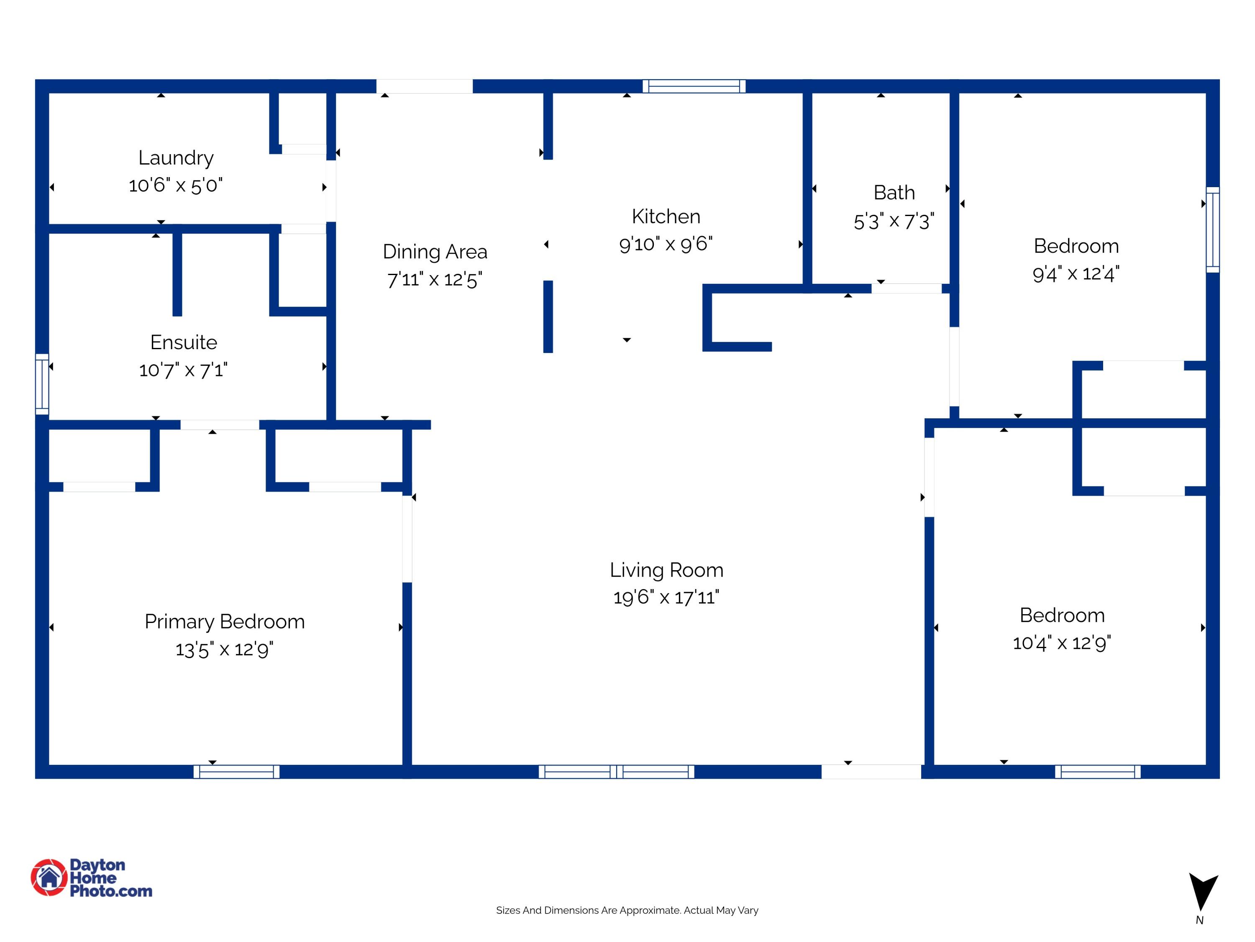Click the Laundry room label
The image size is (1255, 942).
coord(176,158)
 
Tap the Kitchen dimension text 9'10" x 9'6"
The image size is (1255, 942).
coord(666,244)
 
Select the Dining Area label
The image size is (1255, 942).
coord(435,252)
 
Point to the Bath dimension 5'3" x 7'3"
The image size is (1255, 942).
coord(894,221)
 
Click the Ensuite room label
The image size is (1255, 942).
coord(184,342)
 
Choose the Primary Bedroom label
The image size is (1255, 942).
coord(225,622)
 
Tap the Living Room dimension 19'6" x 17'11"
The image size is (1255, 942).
coord(666,597)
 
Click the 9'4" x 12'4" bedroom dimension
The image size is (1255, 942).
coord(1076,274)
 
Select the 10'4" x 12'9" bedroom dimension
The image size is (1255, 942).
coord(1062,643)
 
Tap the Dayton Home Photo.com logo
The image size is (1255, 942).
coord(91,878)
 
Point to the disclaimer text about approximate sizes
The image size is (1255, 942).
coord(627,910)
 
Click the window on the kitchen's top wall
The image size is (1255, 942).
coord(694,86)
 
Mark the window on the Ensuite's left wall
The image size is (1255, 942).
coord(42,384)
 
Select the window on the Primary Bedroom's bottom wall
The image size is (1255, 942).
coord(237,772)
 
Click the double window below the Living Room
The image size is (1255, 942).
coord(616,772)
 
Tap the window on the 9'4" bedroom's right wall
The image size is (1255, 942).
coord(1212,229)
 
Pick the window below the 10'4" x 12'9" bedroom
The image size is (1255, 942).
coord(1098,772)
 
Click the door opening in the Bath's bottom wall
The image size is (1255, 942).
coord(907,288)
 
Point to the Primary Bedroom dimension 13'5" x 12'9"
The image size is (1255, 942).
coord(225,649)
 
